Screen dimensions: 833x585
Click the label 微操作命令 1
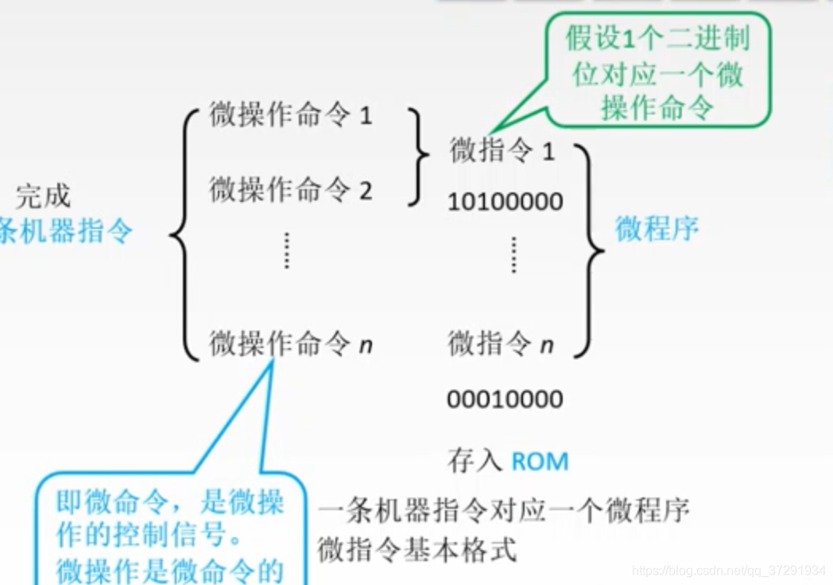pos(290,115)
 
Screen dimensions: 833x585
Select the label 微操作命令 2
pos(290,189)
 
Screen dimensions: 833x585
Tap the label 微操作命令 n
pos(291,343)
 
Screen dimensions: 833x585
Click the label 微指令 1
pos(502,149)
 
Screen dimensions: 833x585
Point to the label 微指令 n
pos(501,344)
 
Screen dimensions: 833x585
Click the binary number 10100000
pos(505,201)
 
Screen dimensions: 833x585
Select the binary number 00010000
pos(505,398)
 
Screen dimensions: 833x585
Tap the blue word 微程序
pos(657,229)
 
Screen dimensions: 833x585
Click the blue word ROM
pos(540,461)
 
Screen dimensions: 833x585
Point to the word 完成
pos(43,196)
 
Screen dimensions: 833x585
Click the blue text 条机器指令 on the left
pos(67,231)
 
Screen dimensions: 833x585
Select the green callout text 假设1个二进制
pos(657,38)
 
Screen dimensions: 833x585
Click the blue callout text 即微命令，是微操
pos(170,501)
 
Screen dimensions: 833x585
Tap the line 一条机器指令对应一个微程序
pos(503,510)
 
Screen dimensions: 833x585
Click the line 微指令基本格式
pos(417,549)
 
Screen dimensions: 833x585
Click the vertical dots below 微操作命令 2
pos(287,250)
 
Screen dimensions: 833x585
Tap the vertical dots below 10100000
pos(513,254)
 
